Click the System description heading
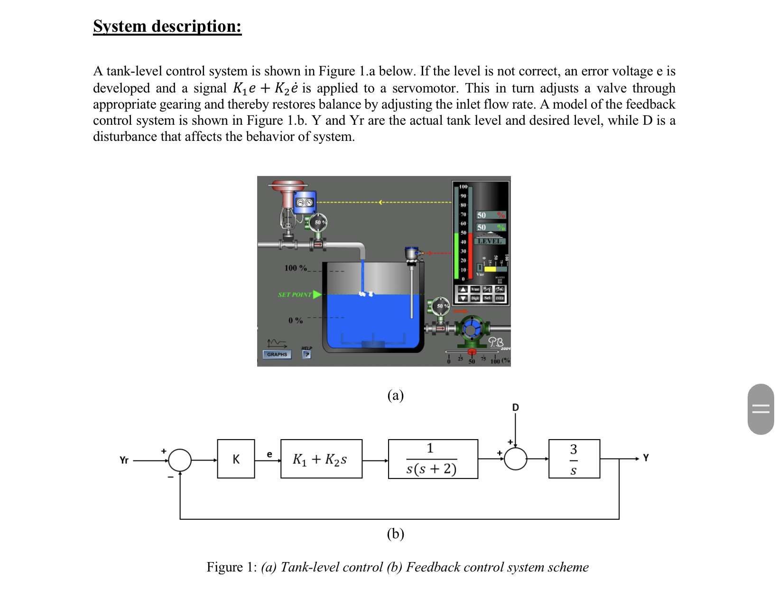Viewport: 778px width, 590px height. click(x=167, y=26)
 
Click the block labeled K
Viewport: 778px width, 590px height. click(x=236, y=459)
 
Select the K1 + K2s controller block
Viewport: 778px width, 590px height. click(x=321, y=459)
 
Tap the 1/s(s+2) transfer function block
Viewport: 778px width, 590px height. click(x=433, y=459)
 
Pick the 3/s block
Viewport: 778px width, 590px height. click(x=574, y=459)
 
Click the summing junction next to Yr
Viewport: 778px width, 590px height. click(x=180, y=460)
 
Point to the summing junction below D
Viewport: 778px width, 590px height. click(x=516, y=459)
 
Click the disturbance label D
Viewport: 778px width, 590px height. click(x=516, y=407)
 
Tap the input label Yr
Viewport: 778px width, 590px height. click(x=124, y=460)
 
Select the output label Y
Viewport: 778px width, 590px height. click(x=646, y=458)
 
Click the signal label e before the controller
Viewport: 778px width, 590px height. click(x=269, y=454)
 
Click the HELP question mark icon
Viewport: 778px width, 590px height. click(x=307, y=354)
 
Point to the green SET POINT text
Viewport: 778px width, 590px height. click(x=295, y=295)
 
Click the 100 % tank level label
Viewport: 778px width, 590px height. click(x=296, y=268)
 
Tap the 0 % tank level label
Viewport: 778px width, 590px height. click(x=296, y=321)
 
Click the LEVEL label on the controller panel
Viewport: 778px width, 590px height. click(x=490, y=241)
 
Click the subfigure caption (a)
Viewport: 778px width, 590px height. click(x=395, y=395)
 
